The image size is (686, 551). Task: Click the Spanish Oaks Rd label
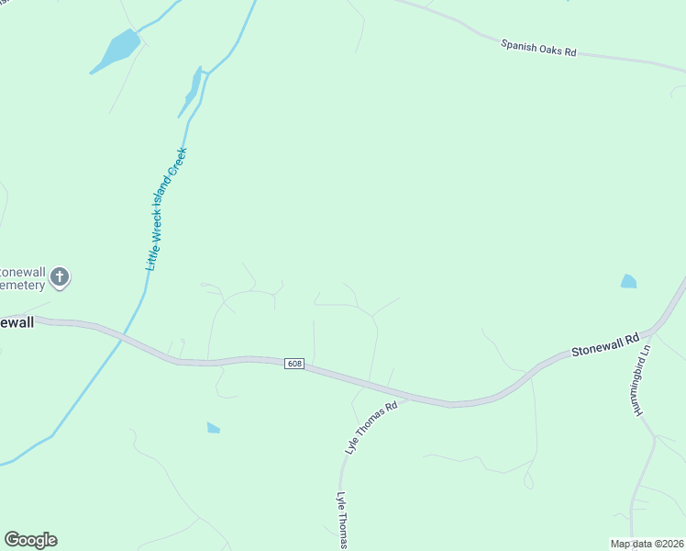point(538,48)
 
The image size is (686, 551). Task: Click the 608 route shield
point(293,364)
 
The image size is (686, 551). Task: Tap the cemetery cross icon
point(60,275)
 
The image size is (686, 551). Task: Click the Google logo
point(30,540)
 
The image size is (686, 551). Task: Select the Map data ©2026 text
point(647,544)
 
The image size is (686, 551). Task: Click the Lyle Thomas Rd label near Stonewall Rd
point(371,429)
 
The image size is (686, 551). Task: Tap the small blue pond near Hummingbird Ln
point(628,281)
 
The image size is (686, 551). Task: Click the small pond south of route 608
point(214,427)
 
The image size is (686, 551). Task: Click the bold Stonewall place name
point(17,322)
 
